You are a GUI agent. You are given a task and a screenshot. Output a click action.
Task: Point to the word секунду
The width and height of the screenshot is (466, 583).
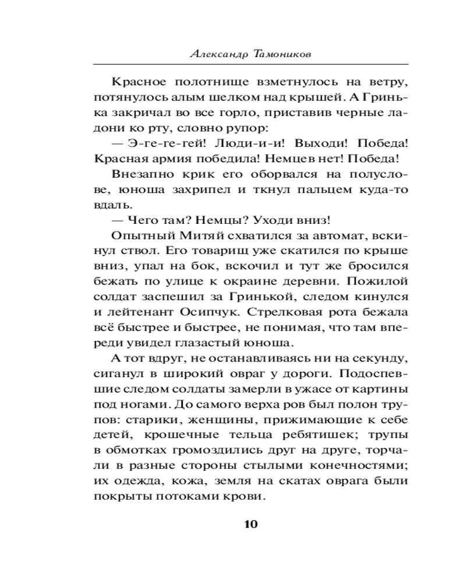pos(379,358)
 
